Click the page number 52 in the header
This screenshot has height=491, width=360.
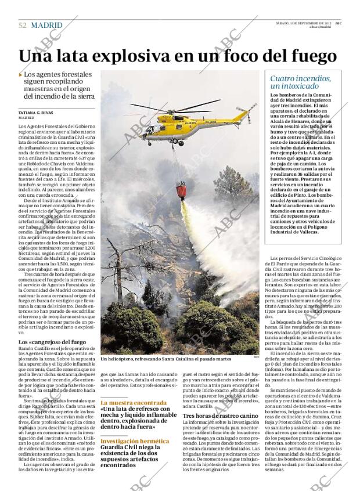[x=22, y=26]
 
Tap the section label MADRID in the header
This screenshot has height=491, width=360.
[x=47, y=26]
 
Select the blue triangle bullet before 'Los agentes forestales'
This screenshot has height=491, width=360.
[x=21, y=75]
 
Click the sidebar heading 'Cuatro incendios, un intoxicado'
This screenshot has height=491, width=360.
[x=301, y=82]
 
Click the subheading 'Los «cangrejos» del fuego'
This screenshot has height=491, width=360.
[x=52, y=342]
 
